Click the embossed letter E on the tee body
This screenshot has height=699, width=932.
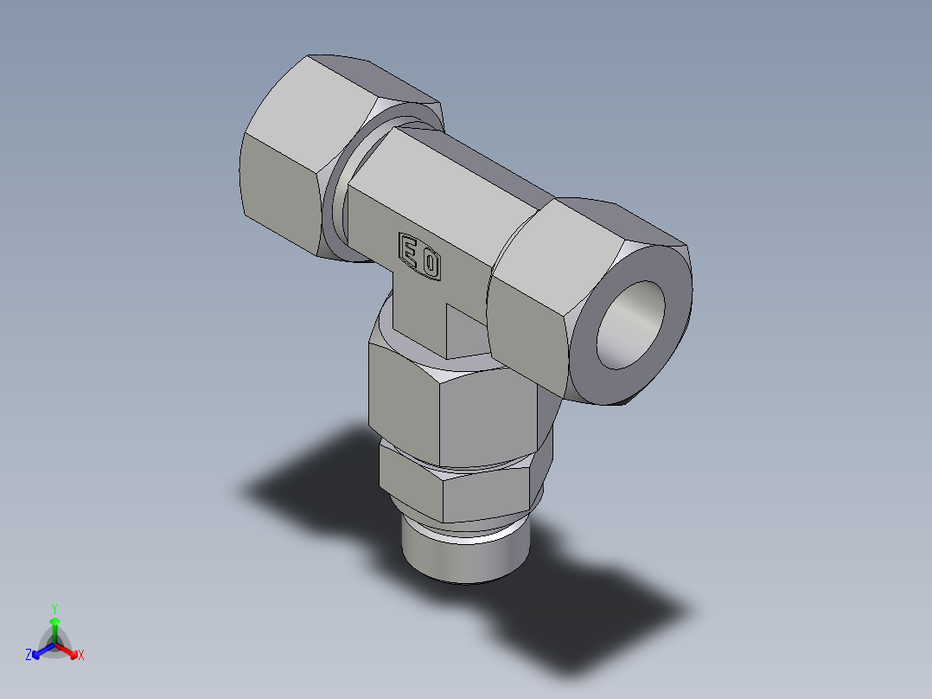click(410, 250)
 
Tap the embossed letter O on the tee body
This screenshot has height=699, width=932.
click(429, 263)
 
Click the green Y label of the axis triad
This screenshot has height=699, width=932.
click(54, 607)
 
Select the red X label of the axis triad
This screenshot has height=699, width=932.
click(81, 656)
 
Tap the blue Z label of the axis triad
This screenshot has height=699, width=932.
click(29, 656)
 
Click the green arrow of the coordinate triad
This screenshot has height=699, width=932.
click(54, 625)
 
